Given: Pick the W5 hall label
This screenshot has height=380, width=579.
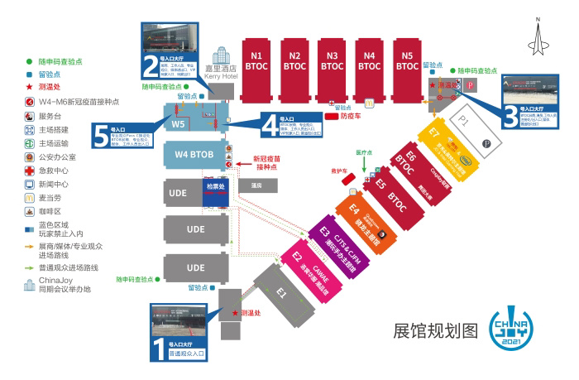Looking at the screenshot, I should [179, 123].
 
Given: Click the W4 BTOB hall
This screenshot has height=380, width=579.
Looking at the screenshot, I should [195, 154].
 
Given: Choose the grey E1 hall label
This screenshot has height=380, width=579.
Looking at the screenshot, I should [281, 292].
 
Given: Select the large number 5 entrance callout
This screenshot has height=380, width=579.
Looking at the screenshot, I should [100, 134].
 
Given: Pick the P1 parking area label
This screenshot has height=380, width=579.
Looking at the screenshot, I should [463, 119].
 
